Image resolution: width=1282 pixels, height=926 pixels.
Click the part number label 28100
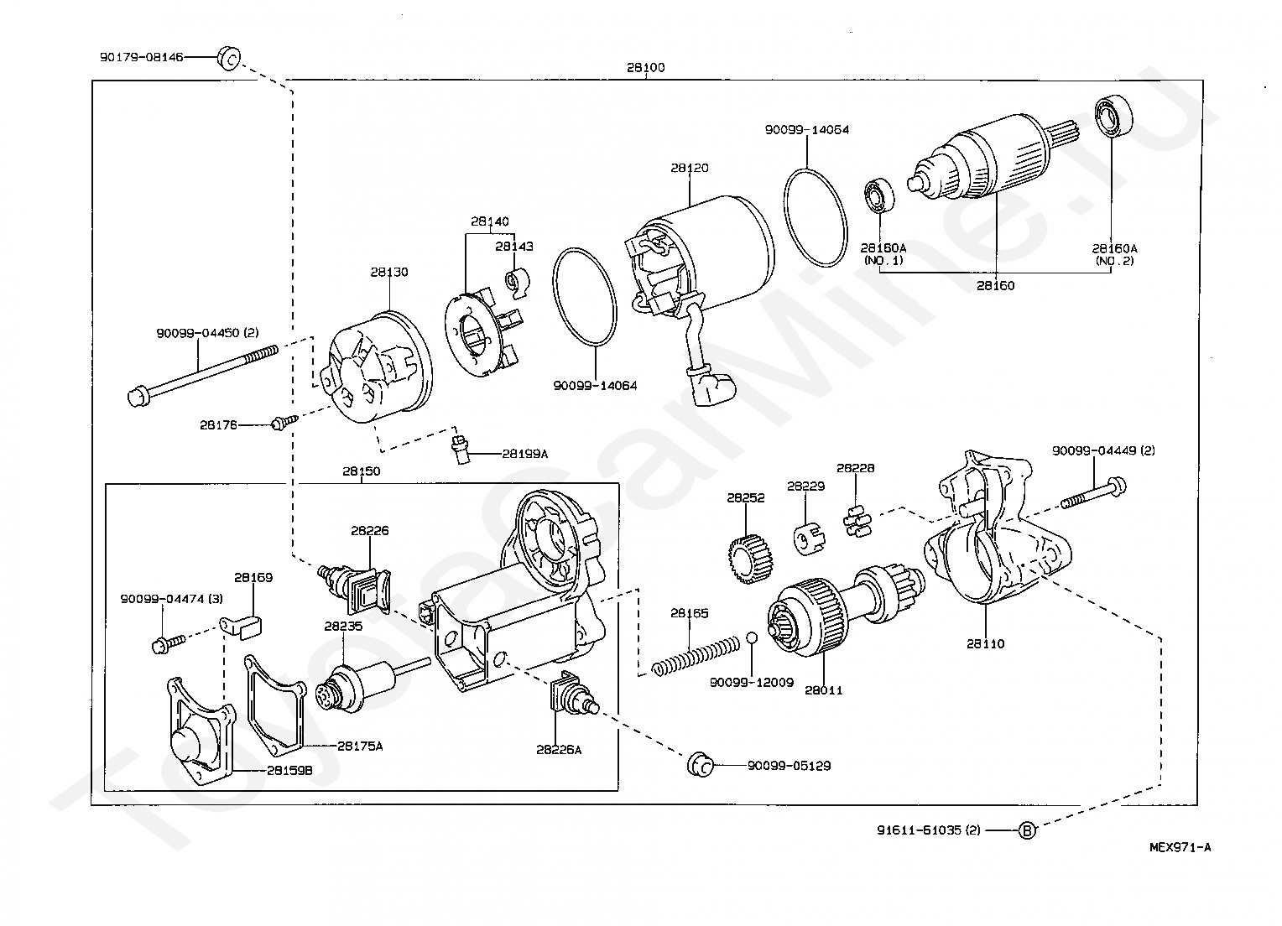click(x=645, y=68)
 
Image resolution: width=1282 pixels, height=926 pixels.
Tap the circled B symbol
click(x=1027, y=830)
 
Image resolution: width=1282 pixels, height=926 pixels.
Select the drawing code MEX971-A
click(x=1180, y=848)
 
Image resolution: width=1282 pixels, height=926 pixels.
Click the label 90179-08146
click(x=141, y=57)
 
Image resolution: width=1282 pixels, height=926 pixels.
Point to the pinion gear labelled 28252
click(x=750, y=559)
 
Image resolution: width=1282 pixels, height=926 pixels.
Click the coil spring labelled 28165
click(x=696, y=656)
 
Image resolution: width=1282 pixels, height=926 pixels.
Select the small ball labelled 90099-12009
click(x=753, y=638)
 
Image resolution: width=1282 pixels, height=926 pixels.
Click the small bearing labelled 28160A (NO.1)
click(x=879, y=195)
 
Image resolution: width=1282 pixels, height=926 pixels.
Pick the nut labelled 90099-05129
click(x=701, y=765)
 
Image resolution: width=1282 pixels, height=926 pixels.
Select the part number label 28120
click(x=690, y=169)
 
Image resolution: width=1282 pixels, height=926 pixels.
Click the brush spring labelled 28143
click(x=517, y=282)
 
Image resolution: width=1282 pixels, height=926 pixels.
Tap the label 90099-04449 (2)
click(x=1102, y=451)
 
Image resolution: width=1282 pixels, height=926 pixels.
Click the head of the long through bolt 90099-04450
click(x=138, y=397)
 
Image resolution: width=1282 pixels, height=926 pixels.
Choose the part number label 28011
click(x=824, y=691)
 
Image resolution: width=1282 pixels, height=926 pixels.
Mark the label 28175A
click(x=360, y=747)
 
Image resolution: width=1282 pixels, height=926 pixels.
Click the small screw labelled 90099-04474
click(x=169, y=644)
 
